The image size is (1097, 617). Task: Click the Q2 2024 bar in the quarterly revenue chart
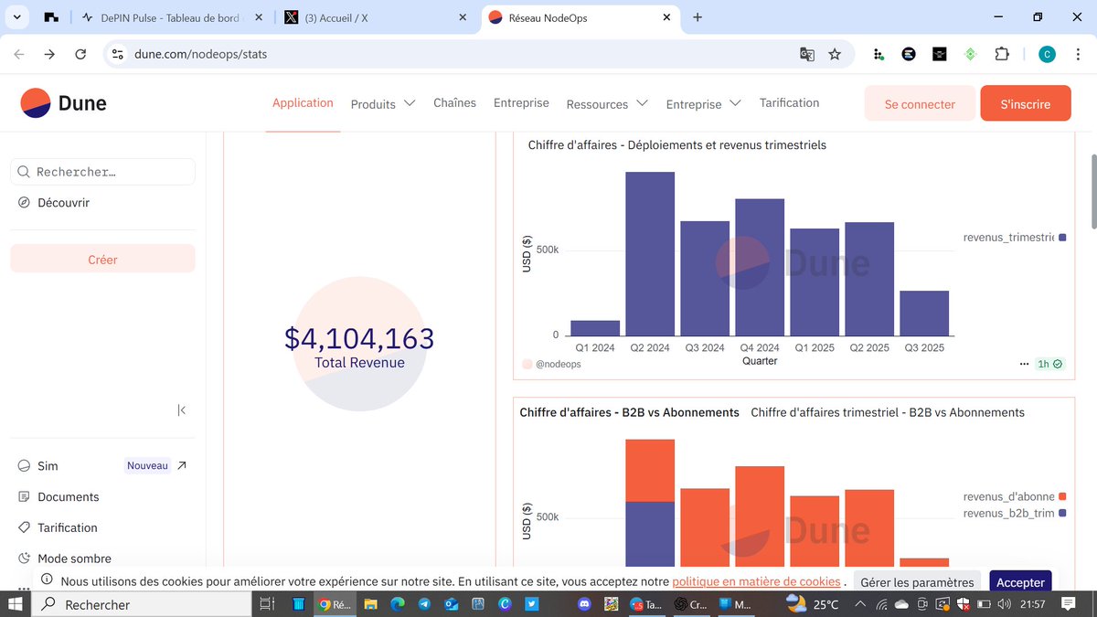[x=650, y=254]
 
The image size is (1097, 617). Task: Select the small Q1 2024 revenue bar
[x=595, y=328]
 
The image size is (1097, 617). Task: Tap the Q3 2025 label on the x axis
[x=923, y=348]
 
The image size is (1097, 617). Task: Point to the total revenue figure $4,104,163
[x=359, y=339]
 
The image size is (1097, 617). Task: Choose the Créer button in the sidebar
[x=102, y=260]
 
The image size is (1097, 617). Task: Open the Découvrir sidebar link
[x=63, y=203]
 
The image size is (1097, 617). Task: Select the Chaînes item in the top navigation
[x=454, y=103]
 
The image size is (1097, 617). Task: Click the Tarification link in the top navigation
[x=789, y=103]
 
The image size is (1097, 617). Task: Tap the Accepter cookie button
[x=1020, y=582]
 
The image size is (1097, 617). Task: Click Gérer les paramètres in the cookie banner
[x=917, y=582]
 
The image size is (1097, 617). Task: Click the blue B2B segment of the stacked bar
[x=650, y=534]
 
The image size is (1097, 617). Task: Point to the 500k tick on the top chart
[x=547, y=250]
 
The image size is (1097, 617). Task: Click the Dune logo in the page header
[x=64, y=103]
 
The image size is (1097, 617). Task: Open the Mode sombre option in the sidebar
[x=74, y=558]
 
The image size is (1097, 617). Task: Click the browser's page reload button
[x=80, y=54]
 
